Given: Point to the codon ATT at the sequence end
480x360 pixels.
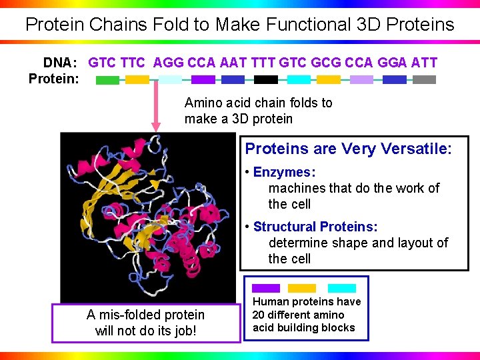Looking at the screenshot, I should pyautogui.click(x=424, y=63).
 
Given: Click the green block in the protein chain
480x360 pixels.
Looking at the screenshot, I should pyautogui.click(x=107, y=80).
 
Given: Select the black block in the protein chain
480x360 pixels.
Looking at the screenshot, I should pyautogui.click(x=266, y=80).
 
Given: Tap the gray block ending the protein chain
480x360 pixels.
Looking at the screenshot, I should pyautogui.click(x=424, y=80).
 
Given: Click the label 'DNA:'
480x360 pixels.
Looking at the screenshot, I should pyautogui.click(x=61, y=63).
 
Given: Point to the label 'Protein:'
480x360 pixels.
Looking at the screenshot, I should pyautogui.click(x=53, y=79).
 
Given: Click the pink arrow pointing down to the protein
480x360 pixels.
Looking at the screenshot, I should pyautogui.click(x=157, y=107).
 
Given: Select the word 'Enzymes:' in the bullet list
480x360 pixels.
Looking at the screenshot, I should pyautogui.click(x=284, y=173).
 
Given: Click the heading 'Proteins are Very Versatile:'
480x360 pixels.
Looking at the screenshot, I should pyautogui.click(x=348, y=148).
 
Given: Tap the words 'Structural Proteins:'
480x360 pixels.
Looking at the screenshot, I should pyautogui.click(x=315, y=227).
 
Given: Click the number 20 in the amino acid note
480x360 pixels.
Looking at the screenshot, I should pyautogui.click(x=259, y=315).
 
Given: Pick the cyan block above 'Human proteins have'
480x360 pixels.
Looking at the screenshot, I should pyautogui.click(x=342, y=288).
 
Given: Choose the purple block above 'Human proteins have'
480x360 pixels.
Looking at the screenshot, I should pyautogui.click(x=266, y=288).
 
